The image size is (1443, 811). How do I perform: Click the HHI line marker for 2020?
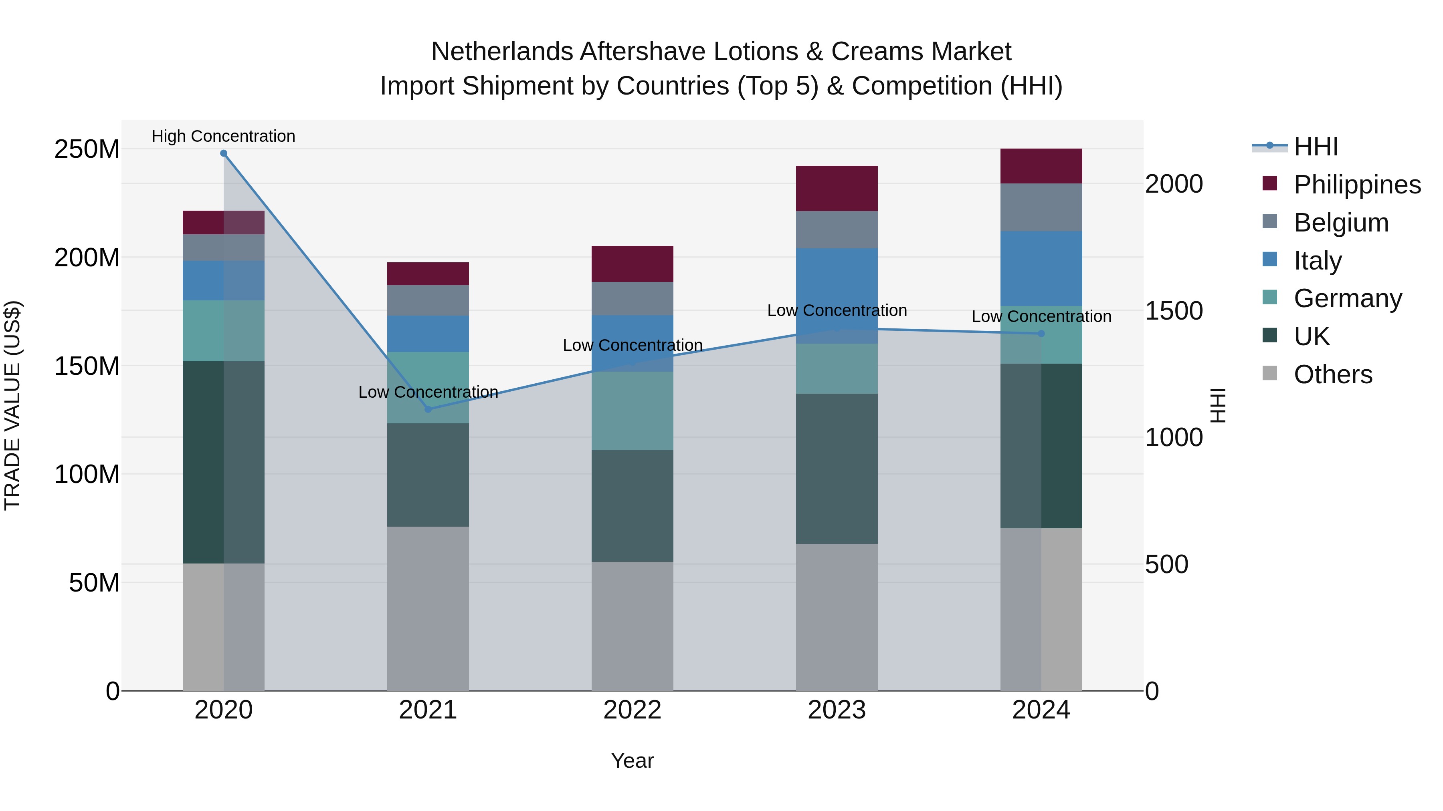coord(224,153)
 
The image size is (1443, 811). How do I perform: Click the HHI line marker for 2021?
coord(428,409)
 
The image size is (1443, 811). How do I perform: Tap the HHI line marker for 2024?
coord(1041,334)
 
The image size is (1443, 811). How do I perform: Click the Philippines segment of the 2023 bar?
coord(837,188)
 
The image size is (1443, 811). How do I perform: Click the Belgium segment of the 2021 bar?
coord(428,300)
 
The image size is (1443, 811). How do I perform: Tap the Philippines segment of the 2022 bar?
coord(633,264)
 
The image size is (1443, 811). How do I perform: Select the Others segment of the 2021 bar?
coord(428,608)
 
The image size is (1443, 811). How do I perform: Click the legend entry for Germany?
coord(1347,298)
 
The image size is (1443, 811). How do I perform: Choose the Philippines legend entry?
coord(1357,185)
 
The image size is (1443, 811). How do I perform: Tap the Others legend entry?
coord(1333,374)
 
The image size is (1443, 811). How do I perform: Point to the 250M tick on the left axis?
coord(87,149)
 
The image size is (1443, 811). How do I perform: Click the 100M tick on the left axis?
coord(87,475)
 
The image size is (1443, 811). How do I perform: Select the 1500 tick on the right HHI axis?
coord(1174,311)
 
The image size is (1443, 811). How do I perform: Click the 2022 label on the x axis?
coord(633,710)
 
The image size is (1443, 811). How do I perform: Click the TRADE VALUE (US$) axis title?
coord(12,405)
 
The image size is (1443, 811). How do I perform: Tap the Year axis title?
coord(633,761)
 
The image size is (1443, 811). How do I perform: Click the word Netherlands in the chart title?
coord(502,52)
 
